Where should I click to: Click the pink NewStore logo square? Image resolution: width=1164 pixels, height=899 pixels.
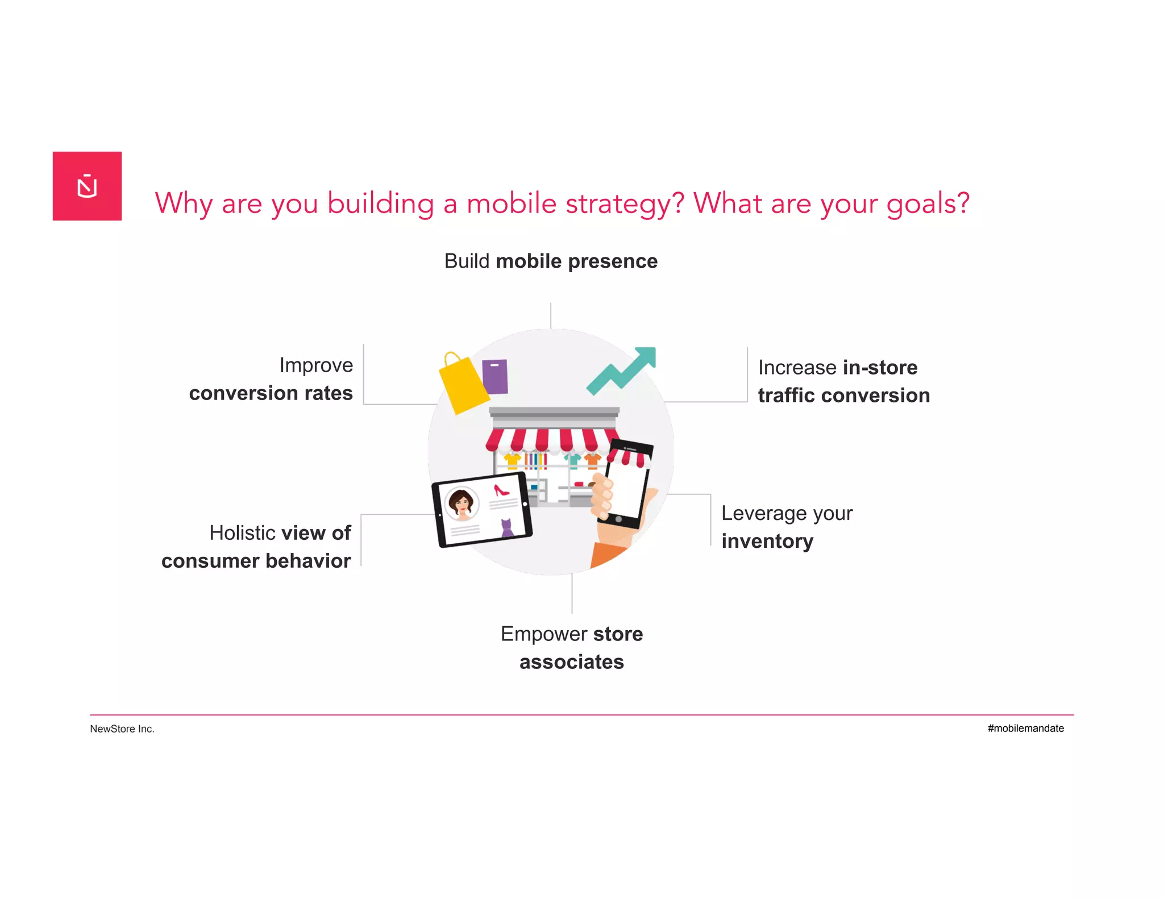pyautogui.click(x=87, y=186)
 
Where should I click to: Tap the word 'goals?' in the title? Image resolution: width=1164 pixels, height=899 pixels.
pyautogui.click(x=928, y=203)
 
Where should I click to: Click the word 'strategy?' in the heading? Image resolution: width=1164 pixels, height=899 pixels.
pyautogui.click(x=625, y=203)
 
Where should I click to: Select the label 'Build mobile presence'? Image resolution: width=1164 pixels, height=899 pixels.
pyautogui.click(x=551, y=261)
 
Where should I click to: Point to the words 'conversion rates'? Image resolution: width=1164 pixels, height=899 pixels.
pyautogui.click(x=271, y=393)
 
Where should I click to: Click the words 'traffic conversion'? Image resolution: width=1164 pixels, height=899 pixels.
pyautogui.click(x=843, y=396)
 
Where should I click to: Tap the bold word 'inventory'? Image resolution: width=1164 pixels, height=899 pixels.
pyautogui.click(x=767, y=541)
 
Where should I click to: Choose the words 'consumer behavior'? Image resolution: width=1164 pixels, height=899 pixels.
pyautogui.click(x=256, y=561)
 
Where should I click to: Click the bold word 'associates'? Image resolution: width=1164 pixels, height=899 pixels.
pyautogui.click(x=571, y=662)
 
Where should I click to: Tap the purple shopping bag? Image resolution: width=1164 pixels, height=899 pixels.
pyautogui.click(x=495, y=376)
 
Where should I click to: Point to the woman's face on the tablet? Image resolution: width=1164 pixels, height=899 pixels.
pyautogui.click(x=462, y=503)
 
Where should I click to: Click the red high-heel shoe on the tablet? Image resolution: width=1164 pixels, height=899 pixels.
pyautogui.click(x=501, y=490)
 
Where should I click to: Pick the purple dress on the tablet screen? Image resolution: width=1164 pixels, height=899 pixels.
pyautogui.click(x=506, y=528)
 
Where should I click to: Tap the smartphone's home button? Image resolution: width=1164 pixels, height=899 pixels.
pyautogui.click(x=618, y=519)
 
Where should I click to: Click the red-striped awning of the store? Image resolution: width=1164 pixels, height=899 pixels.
pyautogui.click(x=548, y=440)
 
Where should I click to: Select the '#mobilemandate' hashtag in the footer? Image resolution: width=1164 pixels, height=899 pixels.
pyautogui.click(x=1025, y=729)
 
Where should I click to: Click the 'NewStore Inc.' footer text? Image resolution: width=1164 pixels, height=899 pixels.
pyautogui.click(x=122, y=729)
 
